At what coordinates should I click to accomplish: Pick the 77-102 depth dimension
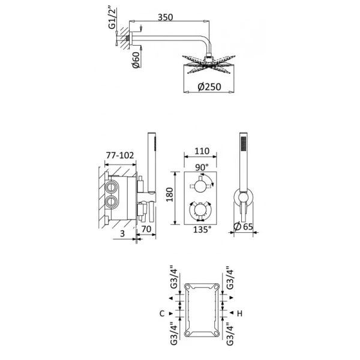point(119,155)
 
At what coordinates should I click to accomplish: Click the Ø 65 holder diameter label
point(245,227)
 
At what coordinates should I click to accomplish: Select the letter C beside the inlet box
point(163,313)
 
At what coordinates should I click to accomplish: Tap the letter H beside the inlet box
point(240,313)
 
